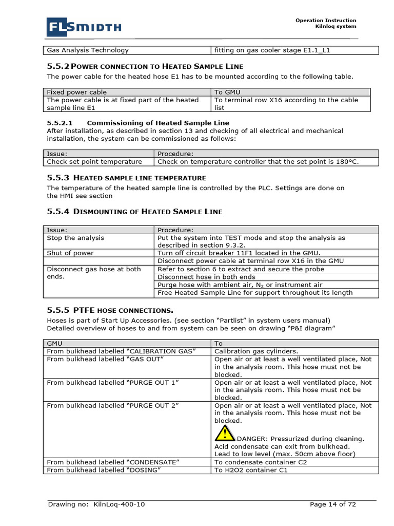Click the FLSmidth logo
[84, 27]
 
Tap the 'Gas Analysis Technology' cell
[88, 50]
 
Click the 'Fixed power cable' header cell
[77, 92]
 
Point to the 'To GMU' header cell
[228, 92]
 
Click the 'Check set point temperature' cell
[94, 162]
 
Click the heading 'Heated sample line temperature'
[140, 178]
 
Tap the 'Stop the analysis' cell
[75, 238]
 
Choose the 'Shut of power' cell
[70, 253]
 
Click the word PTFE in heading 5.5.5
[84, 310]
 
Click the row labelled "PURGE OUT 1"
[113, 383]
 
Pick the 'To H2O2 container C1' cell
[251, 470]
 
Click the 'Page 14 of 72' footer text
[332, 504]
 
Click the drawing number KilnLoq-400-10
[119, 504]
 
